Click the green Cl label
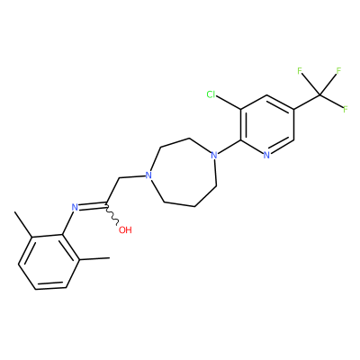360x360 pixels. [211, 94]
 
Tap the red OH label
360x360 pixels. [125, 230]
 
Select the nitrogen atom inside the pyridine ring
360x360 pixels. [266, 156]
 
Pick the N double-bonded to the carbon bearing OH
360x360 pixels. [75, 207]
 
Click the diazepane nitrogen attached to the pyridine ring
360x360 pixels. [213, 156]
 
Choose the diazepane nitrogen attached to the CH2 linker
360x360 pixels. [148, 175]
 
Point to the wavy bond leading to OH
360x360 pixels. [112, 214]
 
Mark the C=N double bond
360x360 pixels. [92, 206]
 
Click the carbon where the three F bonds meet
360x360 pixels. [319, 95]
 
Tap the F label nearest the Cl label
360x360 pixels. [300, 71]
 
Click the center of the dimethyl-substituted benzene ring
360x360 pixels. [49, 263]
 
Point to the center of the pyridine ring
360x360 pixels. [267, 125]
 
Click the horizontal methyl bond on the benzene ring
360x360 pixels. [94, 258]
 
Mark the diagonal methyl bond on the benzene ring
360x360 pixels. [23, 224]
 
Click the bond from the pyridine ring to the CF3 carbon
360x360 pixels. [307, 103]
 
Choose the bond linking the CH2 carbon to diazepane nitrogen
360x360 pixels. [131, 177]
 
